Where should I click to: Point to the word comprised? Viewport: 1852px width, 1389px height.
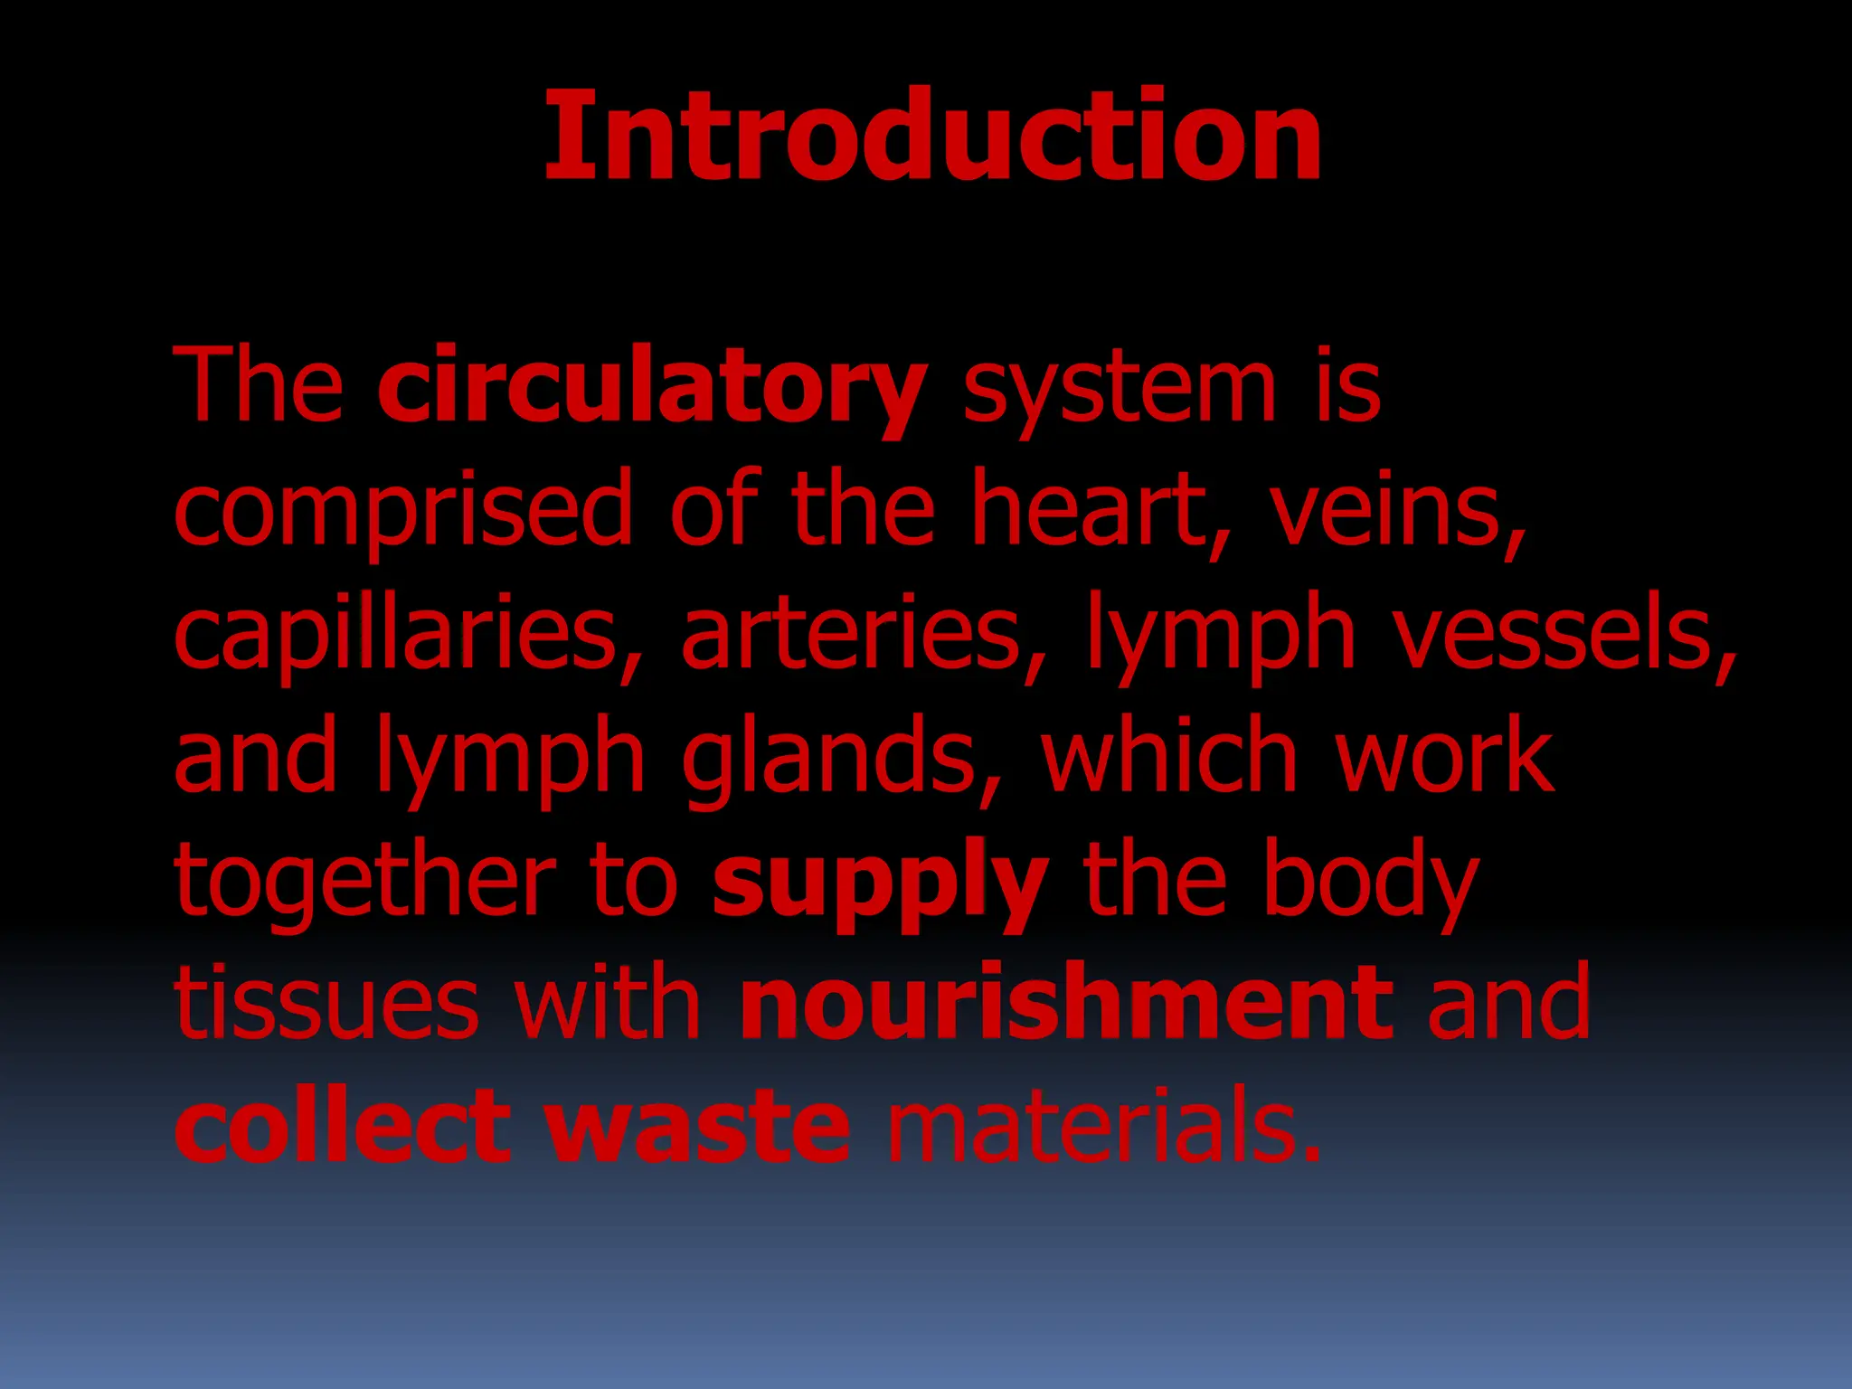pyautogui.click(x=403, y=512)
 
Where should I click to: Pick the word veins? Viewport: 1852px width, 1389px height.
pyautogui.click(x=1397, y=512)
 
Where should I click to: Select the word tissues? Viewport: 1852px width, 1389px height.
pyautogui.click(x=326, y=1004)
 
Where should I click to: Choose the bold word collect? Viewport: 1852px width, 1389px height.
pyautogui.click(x=343, y=1127)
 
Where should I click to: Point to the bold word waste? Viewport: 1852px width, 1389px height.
pyautogui.click(x=697, y=1127)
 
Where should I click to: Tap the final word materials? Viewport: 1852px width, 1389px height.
pyautogui.click(x=1102, y=1127)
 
